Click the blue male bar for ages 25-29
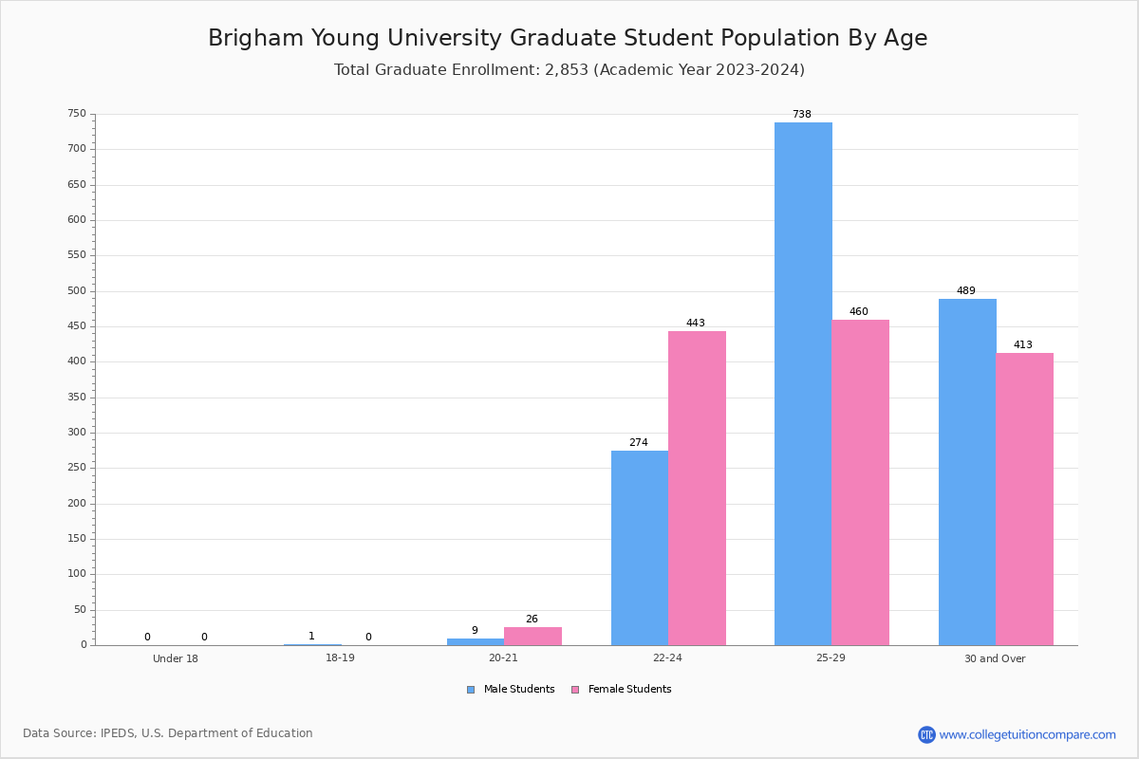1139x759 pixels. coord(803,383)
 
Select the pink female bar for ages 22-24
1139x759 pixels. coord(697,488)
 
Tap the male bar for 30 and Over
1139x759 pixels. coord(967,472)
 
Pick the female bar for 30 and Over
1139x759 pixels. coord(1024,499)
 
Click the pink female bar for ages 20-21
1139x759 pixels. coord(532,636)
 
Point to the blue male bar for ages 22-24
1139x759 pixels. coord(640,547)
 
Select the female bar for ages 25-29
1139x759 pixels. coord(860,482)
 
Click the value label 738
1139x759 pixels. coord(802,115)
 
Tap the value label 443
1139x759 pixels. coord(696,324)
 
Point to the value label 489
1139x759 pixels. coord(966,291)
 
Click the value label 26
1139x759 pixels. coord(532,620)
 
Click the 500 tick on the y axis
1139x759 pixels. coord(77,291)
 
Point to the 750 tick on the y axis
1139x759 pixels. coord(77,114)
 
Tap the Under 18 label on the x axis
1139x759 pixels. coord(176,658)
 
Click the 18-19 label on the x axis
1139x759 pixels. coord(340,658)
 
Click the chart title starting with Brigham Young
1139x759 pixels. coord(568,38)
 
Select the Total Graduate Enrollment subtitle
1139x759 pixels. coord(569,70)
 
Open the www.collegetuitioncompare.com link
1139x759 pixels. coord(1027,734)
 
